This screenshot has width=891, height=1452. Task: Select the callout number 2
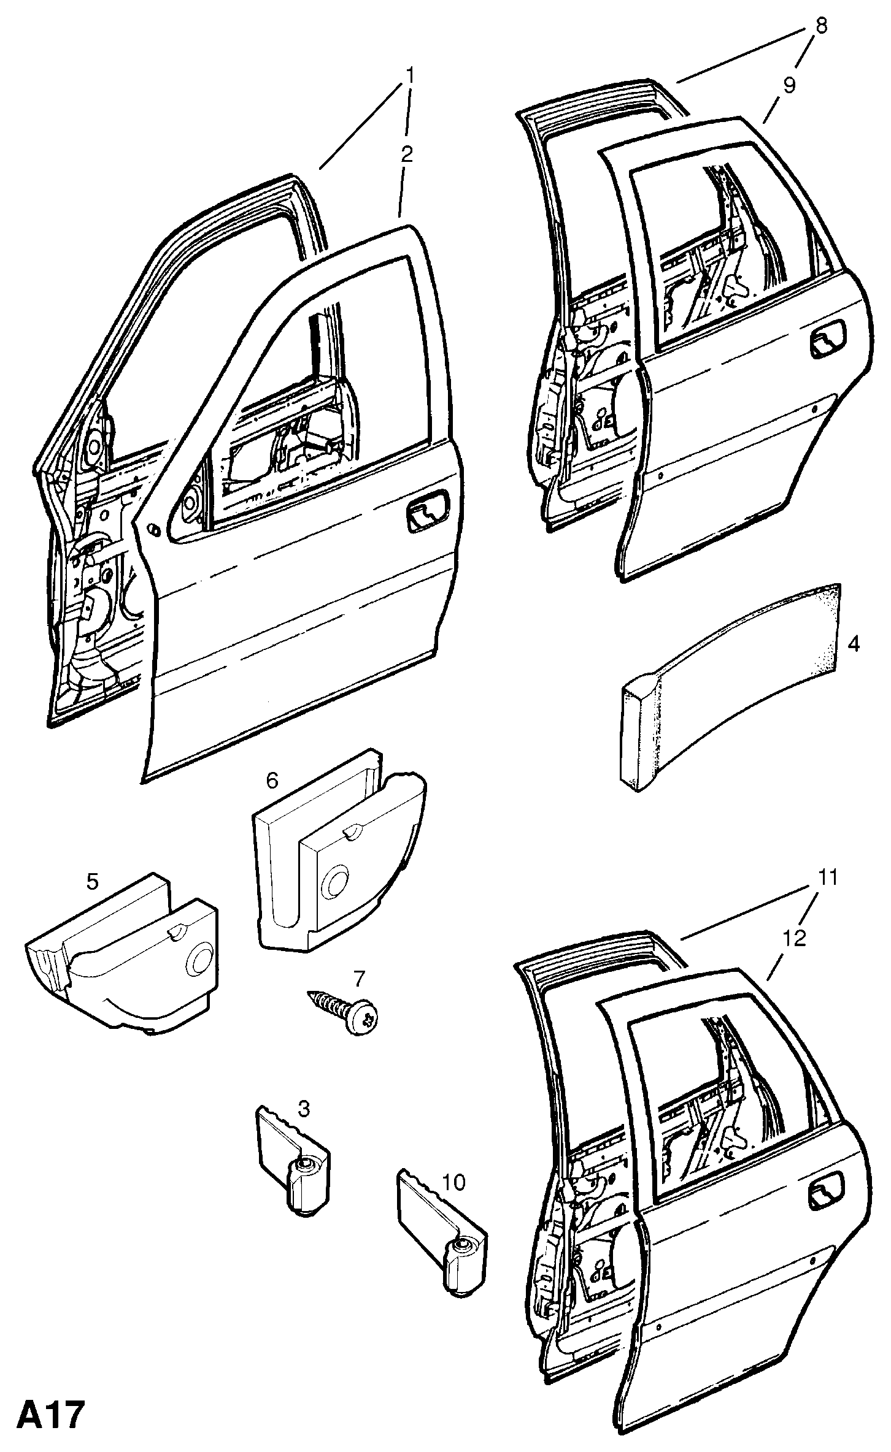click(x=406, y=154)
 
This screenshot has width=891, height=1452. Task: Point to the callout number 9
click(x=789, y=85)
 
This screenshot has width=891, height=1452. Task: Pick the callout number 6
click(x=272, y=780)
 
